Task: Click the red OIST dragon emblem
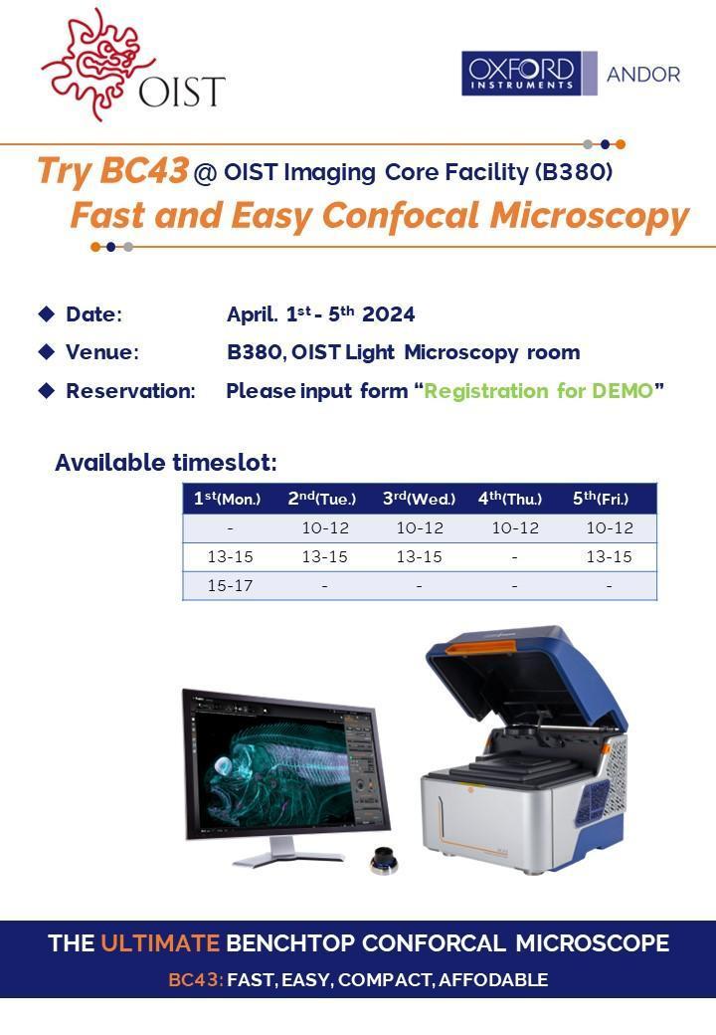(x=92, y=63)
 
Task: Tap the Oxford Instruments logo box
(x=521, y=74)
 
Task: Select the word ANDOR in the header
(x=643, y=74)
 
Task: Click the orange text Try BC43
(x=112, y=170)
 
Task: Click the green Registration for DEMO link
(x=538, y=391)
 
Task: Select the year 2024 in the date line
(x=388, y=314)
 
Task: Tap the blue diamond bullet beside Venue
(x=47, y=352)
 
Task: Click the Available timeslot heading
(x=166, y=462)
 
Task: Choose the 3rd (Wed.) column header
(x=420, y=499)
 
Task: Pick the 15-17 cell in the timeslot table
(x=230, y=585)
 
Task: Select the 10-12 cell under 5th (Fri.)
(x=610, y=528)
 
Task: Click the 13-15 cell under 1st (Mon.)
(x=230, y=556)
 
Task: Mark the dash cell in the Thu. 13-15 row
(x=514, y=557)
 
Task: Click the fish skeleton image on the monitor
(x=275, y=759)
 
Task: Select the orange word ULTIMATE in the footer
(x=160, y=942)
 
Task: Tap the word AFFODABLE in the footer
(x=493, y=979)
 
